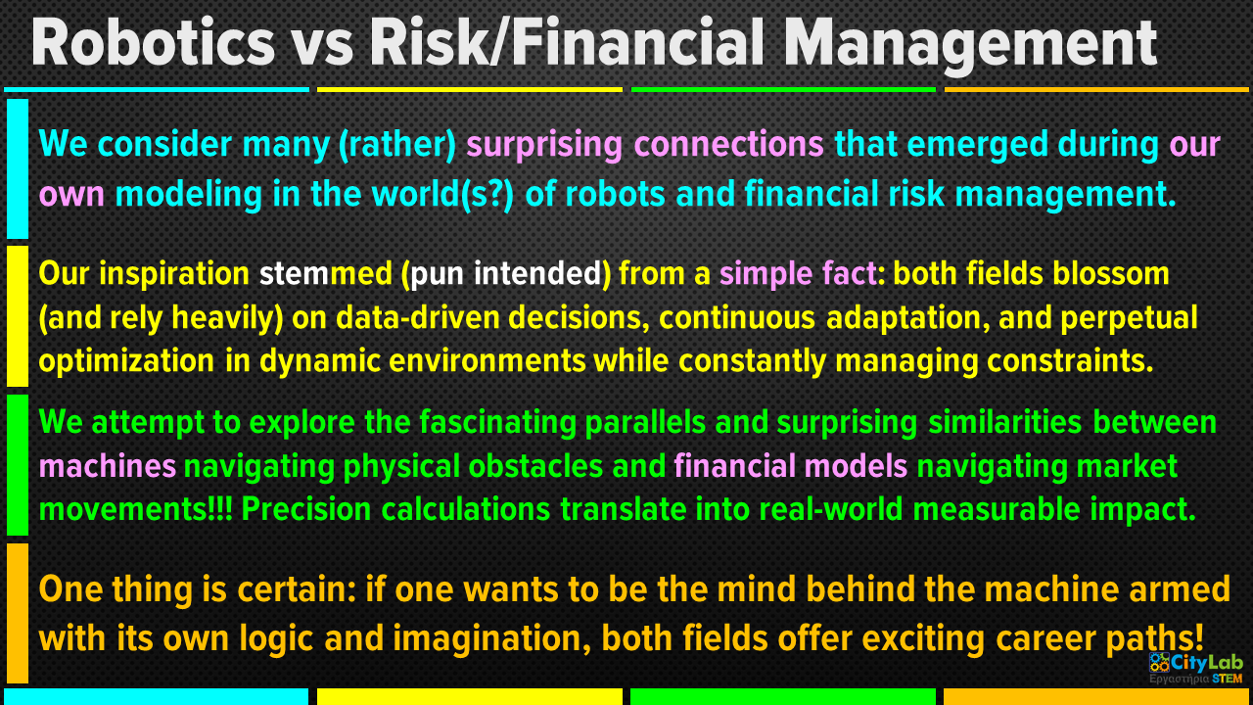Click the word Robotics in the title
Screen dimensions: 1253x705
[153, 43]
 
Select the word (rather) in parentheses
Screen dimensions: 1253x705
[397, 145]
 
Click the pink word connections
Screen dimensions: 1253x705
[728, 144]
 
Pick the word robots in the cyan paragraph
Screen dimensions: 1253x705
[615, 194]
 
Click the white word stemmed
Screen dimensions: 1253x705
[326, 273]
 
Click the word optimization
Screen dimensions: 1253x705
[126, 361]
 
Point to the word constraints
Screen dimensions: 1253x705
[1070, 361]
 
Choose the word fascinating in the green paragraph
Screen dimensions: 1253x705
[497, 423]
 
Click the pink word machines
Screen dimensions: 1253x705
[108, 467]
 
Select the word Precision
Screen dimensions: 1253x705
[306, 510]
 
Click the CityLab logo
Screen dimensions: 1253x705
[1196, 668]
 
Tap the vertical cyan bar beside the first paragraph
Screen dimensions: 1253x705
[18, 169]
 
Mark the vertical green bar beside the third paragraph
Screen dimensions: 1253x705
[18, 465]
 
